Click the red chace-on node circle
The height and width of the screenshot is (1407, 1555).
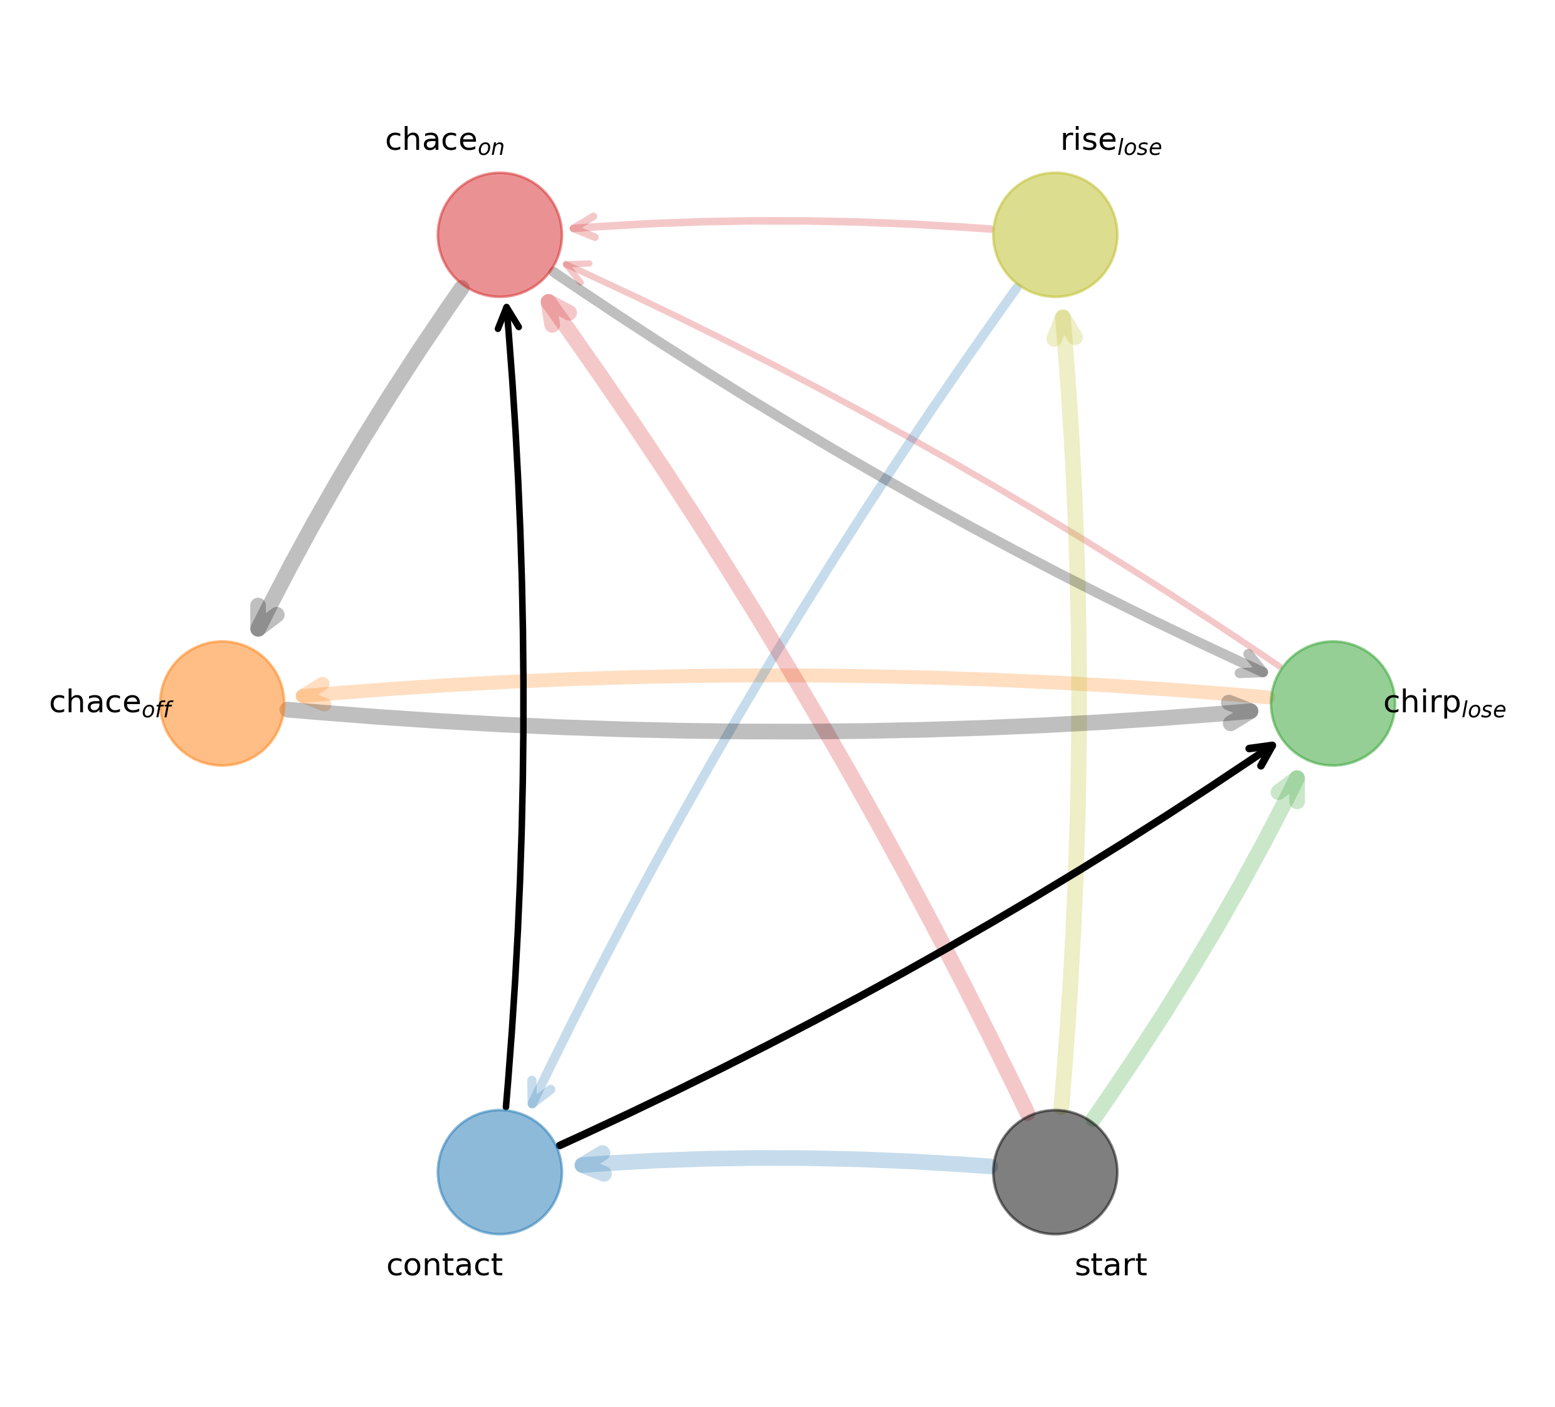point(500,234)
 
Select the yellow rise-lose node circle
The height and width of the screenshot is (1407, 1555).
point(1055,234)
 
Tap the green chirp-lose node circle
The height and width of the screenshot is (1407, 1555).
point(1333,703)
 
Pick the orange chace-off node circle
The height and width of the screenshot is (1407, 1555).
point(222,703)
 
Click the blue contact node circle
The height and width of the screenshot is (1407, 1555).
point(500,1172)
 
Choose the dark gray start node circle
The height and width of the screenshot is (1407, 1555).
point(1055,1172)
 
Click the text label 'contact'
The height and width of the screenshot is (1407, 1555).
point(445,1266)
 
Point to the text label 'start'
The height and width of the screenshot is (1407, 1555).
point(1110,1266)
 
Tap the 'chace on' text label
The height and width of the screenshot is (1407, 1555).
point(445,141)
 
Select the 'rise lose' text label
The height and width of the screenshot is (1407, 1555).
point(1110,142)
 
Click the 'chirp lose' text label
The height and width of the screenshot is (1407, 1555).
point(1444,704)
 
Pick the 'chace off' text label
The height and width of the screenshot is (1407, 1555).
point(110,704)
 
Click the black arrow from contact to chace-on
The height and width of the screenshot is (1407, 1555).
point(524,694)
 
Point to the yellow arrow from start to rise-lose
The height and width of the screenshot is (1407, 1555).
point(1079,694)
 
